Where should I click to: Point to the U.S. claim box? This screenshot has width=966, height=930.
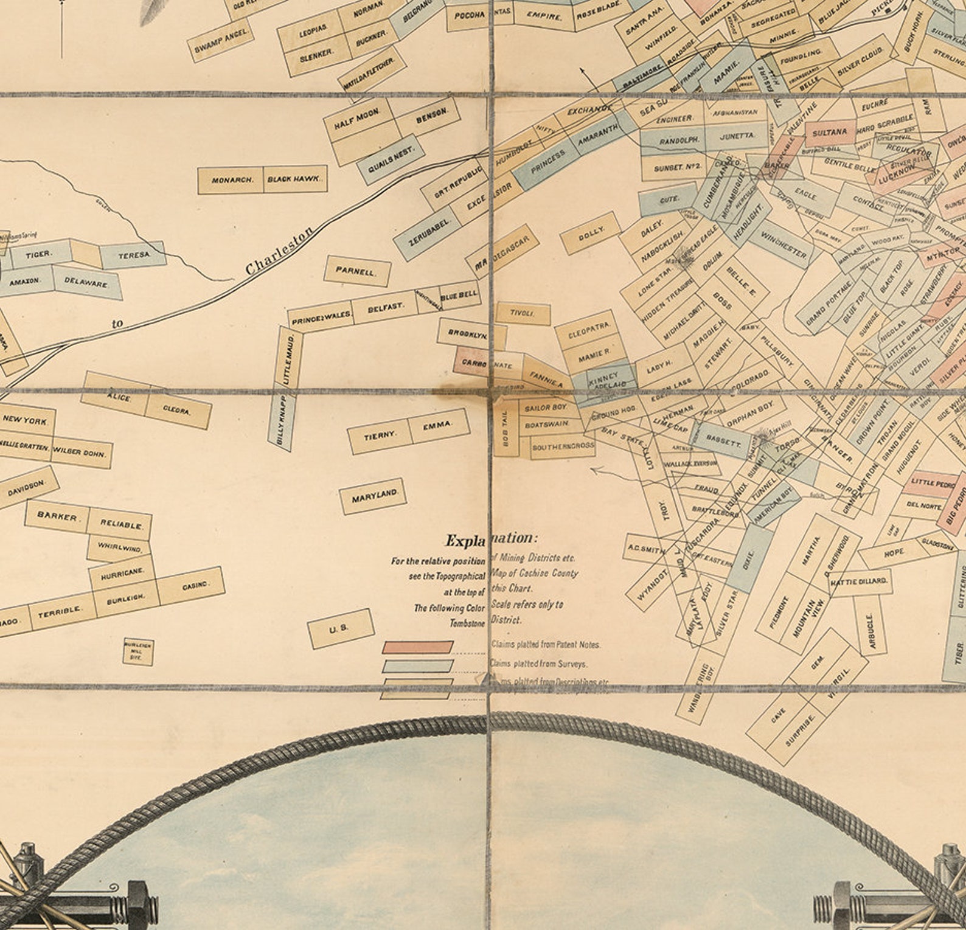(340, 629)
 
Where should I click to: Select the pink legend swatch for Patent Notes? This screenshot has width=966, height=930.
(417, 647)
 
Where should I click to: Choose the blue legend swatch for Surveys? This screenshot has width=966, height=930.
(417, 666)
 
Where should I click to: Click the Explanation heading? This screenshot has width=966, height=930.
(492, 540)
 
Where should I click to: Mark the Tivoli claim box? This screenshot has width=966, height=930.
(523, 313)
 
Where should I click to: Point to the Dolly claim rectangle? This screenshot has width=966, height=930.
(591, 234)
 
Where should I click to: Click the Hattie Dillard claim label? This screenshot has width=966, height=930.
(860, 581)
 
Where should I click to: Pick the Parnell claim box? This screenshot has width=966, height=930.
(356, 272)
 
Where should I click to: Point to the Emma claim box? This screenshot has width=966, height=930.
(439, 425)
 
